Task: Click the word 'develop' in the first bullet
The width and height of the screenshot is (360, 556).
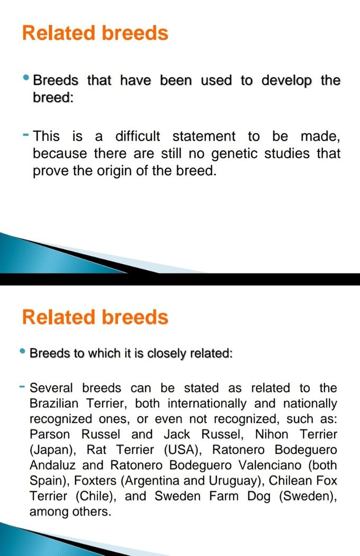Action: [286, 81]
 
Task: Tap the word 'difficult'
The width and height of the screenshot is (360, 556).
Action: [138, 136]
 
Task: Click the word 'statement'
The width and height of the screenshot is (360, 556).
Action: [204, 137]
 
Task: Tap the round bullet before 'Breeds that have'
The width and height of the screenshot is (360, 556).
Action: [26, 78]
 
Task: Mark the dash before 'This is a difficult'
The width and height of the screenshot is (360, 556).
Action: [25, 134]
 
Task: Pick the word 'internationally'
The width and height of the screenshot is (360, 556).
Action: [207, 404]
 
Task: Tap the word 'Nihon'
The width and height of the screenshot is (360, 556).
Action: [272, 434]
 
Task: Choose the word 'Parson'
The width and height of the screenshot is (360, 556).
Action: [50, 434]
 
